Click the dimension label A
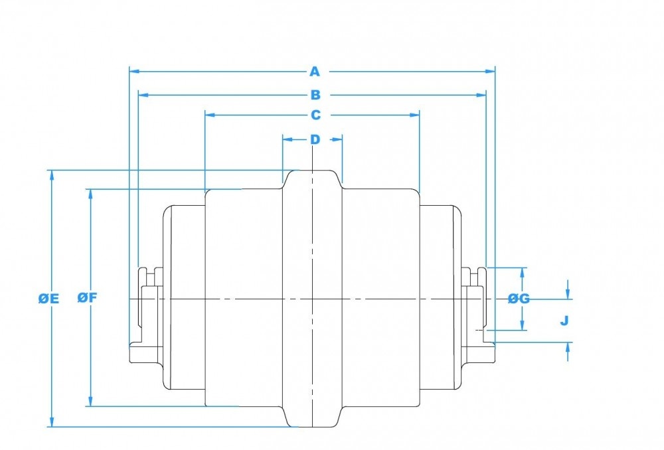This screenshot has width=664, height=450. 314,72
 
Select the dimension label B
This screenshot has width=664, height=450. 315,95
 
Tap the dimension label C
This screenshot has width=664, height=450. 315,115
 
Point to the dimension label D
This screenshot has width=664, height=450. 315,139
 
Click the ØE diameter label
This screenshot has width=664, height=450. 48,299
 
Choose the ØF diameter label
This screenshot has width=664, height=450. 87,297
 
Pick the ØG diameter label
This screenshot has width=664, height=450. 519,299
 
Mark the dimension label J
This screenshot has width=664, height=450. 564,321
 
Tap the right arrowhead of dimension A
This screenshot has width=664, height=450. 490,72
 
